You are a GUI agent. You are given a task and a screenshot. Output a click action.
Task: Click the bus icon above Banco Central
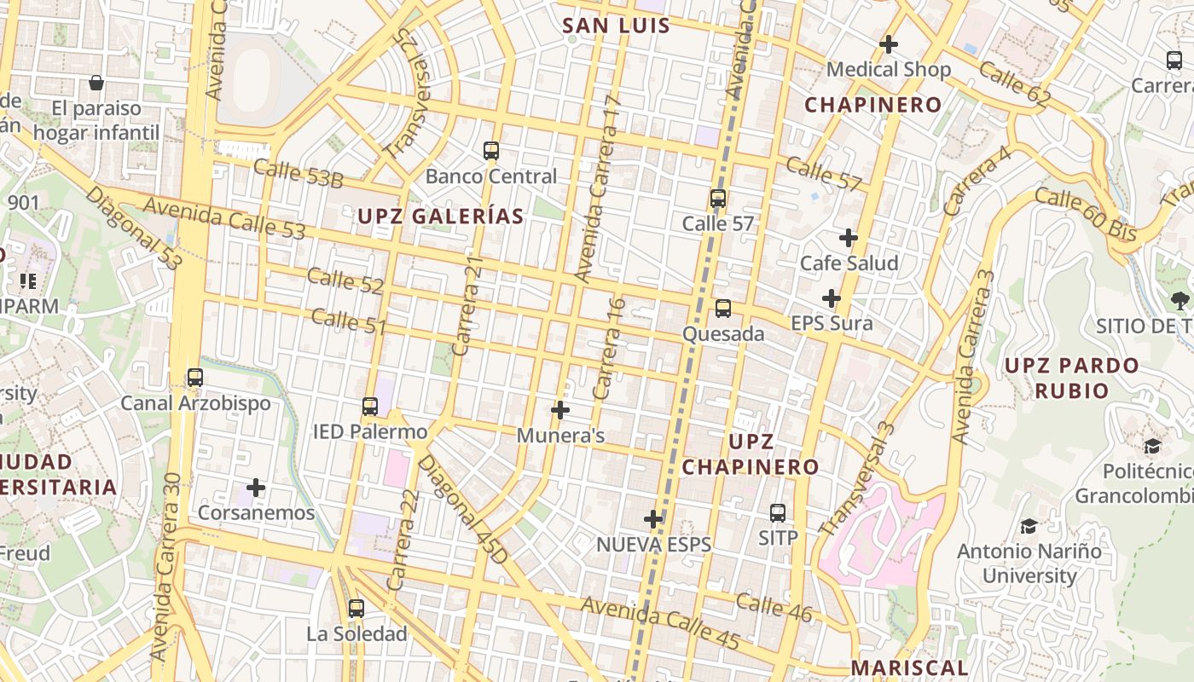(491, 151)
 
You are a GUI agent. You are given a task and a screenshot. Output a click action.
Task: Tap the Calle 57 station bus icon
(718, 199)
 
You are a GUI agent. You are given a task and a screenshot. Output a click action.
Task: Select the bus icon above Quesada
(723, 308)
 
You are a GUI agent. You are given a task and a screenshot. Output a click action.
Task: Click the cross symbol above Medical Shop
(889, 43)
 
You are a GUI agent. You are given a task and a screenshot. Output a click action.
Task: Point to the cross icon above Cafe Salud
(849, 238)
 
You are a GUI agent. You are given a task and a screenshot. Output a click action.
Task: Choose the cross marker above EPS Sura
(832, 298)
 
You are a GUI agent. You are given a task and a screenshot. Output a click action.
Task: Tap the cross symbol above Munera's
(560, 410)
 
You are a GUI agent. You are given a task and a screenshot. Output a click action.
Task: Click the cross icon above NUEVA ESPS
(653, 518)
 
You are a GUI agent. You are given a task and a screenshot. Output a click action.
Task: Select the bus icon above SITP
(778, 512)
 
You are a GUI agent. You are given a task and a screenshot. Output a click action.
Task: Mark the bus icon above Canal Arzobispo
(195, 377)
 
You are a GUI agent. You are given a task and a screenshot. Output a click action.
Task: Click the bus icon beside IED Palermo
(370, 406)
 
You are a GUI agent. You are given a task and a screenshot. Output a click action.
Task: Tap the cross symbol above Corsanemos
(256, 488)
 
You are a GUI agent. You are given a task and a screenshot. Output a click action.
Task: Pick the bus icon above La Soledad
(356, 609)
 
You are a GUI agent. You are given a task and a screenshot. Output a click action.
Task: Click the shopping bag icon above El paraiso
(96, 83)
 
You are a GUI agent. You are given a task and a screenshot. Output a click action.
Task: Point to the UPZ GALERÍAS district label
(441, 217)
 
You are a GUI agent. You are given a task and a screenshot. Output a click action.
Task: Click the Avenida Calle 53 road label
(223, 217)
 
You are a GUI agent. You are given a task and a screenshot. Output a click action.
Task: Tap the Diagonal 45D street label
(464, 510)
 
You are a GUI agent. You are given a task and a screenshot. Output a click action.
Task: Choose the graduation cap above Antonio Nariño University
(1029, 526)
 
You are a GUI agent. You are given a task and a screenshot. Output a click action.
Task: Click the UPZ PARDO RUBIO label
(1071, 378)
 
